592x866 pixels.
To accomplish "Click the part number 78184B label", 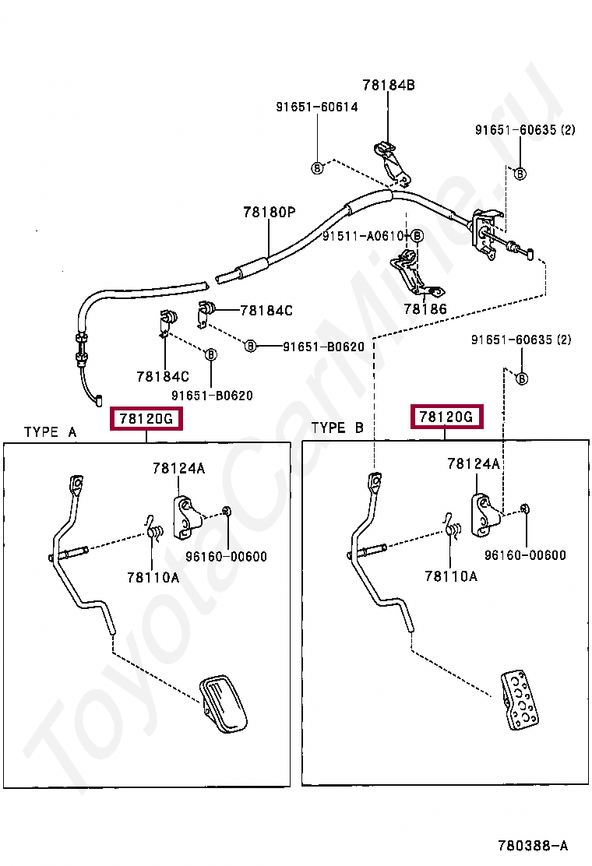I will tap(388, 86).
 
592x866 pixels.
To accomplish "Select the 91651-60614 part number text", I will tap(316, 107).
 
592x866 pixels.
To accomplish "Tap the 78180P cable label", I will tap(269, 212).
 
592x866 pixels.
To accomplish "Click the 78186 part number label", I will tap(425, 309).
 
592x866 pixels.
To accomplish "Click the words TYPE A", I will tap(50, 431).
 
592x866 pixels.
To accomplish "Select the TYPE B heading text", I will tap(337, 428).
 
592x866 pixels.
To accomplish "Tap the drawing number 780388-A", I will tap(534, 845).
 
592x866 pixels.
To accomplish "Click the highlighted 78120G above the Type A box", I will tap(147, 419).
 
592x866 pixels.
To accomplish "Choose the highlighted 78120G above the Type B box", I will tap(446, 417).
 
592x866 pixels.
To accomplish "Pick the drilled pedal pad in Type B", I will tap(520, 699).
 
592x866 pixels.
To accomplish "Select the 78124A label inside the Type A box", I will tap(179, 468).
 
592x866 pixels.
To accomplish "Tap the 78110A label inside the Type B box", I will tap(451, 576).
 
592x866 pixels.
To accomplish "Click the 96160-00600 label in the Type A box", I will tap(226, 556).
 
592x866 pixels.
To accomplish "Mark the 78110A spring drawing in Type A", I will tap(154, 529).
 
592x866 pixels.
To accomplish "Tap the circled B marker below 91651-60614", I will tap(317, 167).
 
